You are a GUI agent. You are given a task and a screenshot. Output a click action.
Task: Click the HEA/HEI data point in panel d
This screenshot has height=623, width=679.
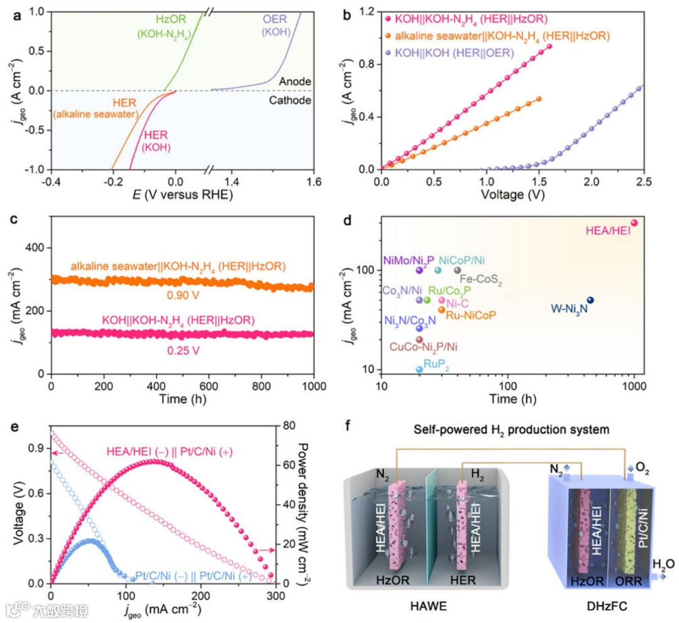[x=634, y=223]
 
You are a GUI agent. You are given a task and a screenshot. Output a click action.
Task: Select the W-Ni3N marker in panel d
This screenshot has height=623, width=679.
[x=590, y=300]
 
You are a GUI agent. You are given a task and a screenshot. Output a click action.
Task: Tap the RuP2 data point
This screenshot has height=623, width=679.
[x=419, y=369]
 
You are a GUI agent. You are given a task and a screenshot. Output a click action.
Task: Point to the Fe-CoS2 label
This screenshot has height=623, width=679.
[x=481, y=282]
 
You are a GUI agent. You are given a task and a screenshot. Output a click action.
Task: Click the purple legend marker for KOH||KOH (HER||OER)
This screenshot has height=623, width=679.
[x=389, y=54]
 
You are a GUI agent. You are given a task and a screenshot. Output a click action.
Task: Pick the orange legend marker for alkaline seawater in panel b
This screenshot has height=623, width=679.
[x=389, y=36]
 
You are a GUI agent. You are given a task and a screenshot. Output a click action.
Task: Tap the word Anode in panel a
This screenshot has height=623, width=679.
[x=295, y=82]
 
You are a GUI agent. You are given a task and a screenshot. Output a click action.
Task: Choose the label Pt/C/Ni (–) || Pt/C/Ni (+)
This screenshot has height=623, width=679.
[x=194, y=575]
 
